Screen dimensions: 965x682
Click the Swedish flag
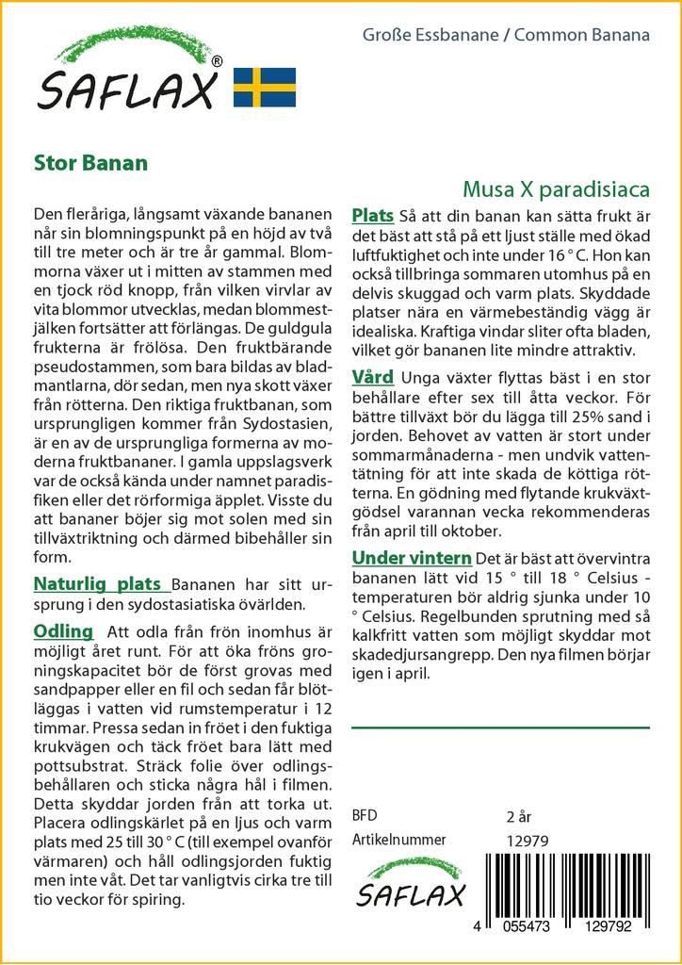264,87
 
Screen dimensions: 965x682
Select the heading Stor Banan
90,162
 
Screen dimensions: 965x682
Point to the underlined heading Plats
372,217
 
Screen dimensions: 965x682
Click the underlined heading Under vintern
412,558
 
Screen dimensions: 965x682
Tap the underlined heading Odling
63,630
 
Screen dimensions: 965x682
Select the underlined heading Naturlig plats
97,583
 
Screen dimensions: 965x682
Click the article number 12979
526,840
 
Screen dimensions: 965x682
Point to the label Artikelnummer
398,840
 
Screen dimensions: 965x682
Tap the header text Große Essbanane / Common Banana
506,37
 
